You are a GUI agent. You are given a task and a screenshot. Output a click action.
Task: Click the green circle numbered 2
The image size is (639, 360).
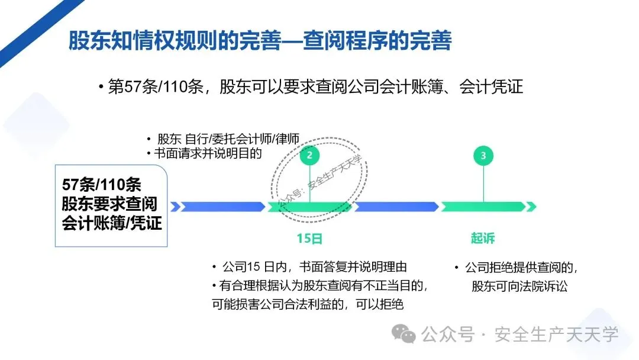(309, 156)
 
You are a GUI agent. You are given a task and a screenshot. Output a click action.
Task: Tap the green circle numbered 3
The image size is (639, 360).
(483, 156)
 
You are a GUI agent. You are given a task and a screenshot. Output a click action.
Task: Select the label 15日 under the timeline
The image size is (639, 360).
(309, 239)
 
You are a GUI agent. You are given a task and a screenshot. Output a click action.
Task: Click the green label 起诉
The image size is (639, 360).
(483, 239)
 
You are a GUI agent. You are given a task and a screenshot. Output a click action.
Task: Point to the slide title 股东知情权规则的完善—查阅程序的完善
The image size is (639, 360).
(260, 41)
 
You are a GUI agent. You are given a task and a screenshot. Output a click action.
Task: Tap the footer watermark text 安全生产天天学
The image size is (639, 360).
(556, 335)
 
